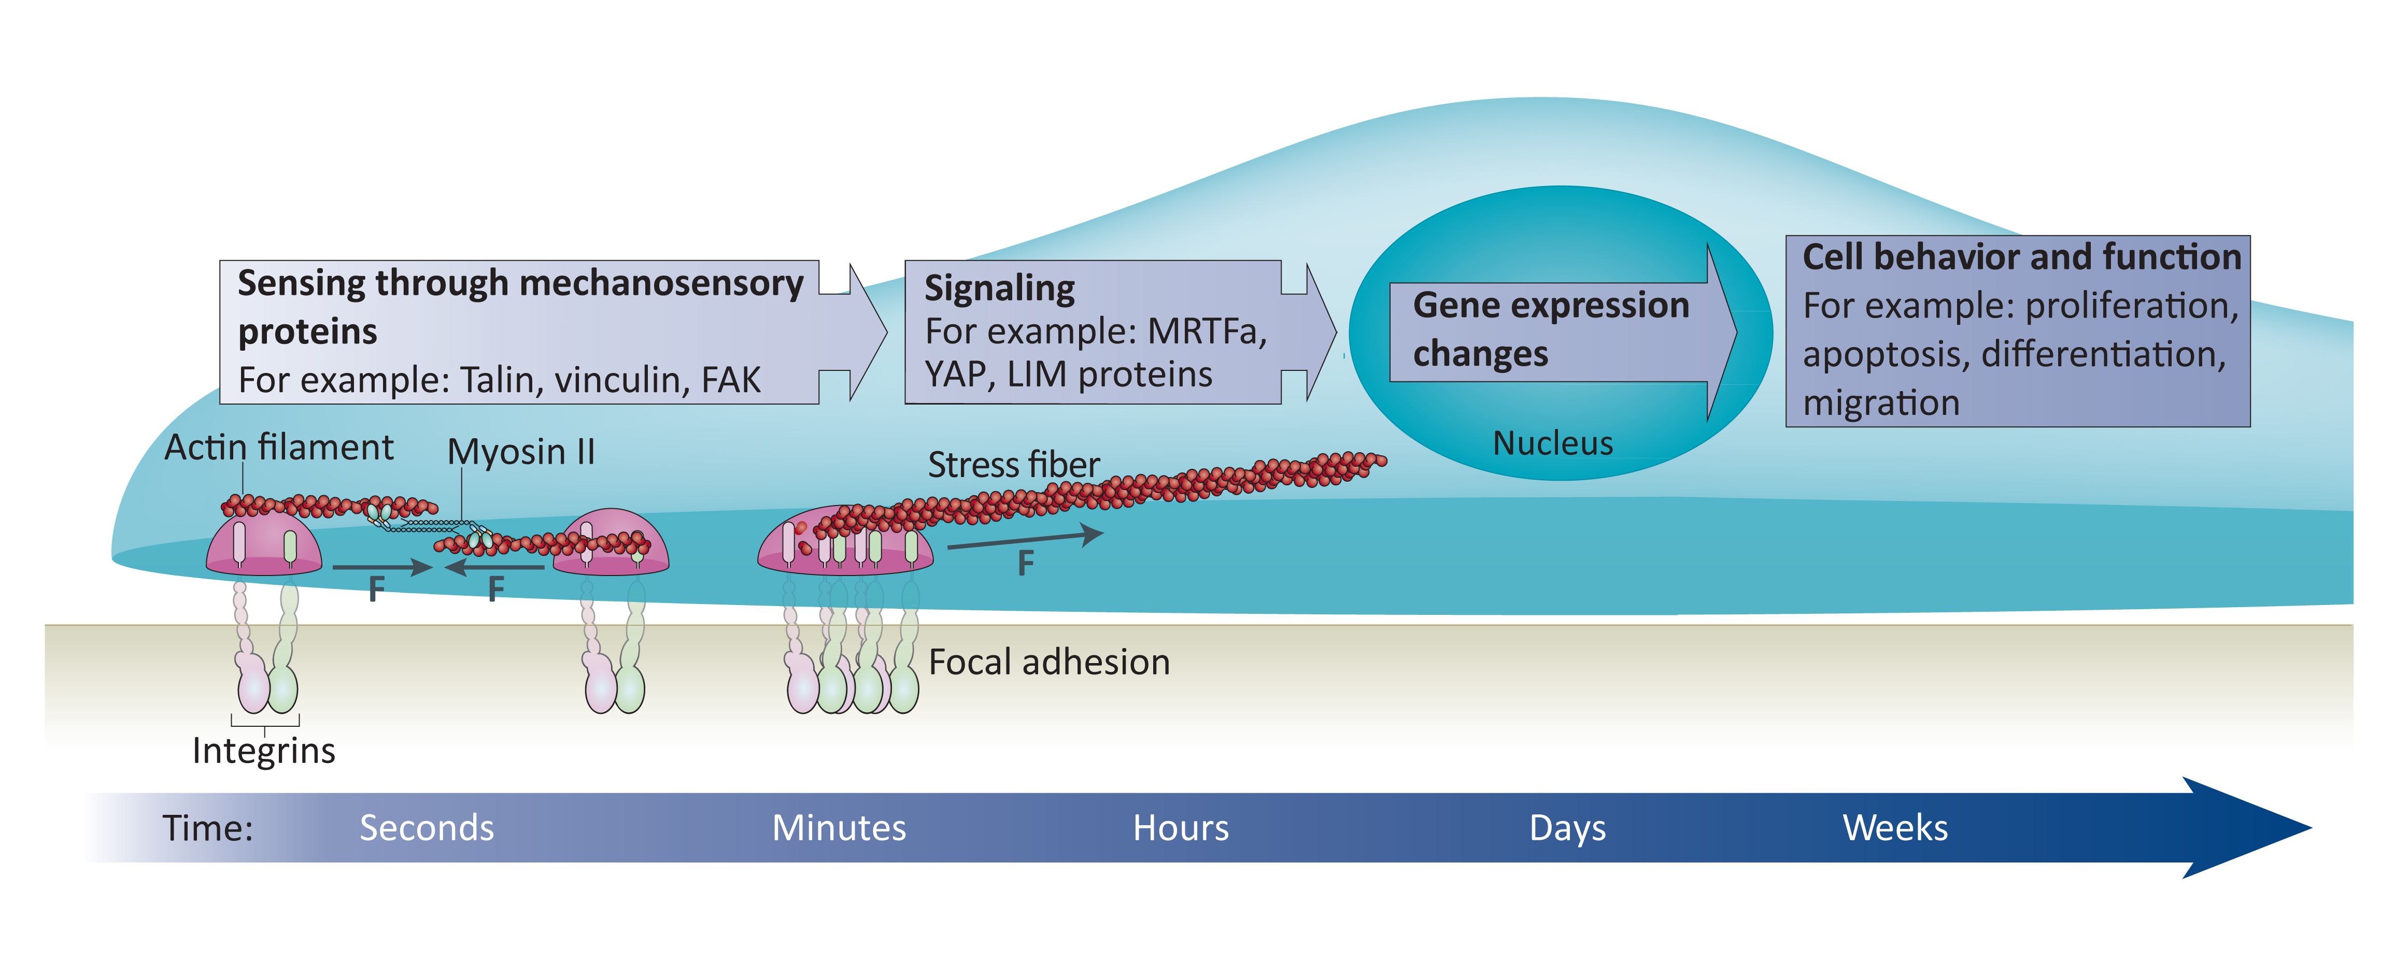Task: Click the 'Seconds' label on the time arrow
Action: (427, 827)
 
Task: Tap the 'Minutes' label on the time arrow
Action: (839, 827)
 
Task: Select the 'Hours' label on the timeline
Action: (1181, 827)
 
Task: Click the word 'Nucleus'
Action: (1553, 443)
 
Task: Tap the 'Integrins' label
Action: (264, 750)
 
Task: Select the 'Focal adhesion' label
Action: (1048, 662)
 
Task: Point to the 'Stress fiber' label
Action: (1013, 465)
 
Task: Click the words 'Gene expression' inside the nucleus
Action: (1551, 306)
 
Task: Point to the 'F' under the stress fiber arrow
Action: (1026, 563)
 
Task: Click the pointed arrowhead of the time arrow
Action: (2312, 827)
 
